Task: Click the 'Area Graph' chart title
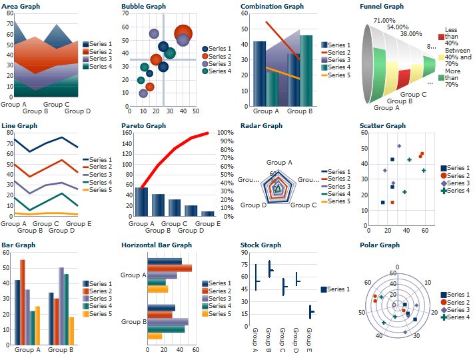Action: tap(21, 7)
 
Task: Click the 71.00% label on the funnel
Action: tap(384, 21)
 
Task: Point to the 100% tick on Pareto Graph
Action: tap(226, 133)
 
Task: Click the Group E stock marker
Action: tap(311, 311)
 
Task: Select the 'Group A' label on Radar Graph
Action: tap(279, 163)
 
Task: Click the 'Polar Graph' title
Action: tap(379, 245)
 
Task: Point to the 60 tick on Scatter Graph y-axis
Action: tap(364, 133)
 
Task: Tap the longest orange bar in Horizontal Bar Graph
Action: tap(169, 268)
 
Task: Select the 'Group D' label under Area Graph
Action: tap(78, 111)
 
